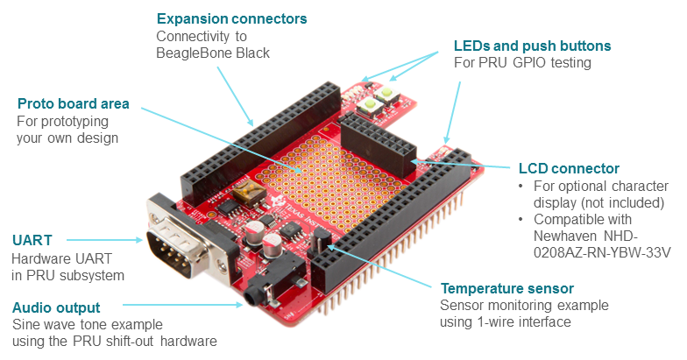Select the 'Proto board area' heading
click(x=74, y=103)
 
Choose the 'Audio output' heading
click(x=56, y=307)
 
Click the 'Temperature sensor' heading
click(x=507, y=288)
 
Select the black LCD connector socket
click(x=377, y=145)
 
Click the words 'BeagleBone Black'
click(x=213, y=53)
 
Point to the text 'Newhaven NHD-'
click(x=584, y=236)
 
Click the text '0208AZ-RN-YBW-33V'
click(x=600, y=253)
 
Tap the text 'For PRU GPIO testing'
click(x=521, y=63)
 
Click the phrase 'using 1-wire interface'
click(x=506, y=322)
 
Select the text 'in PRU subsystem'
click(x=67, y=276)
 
